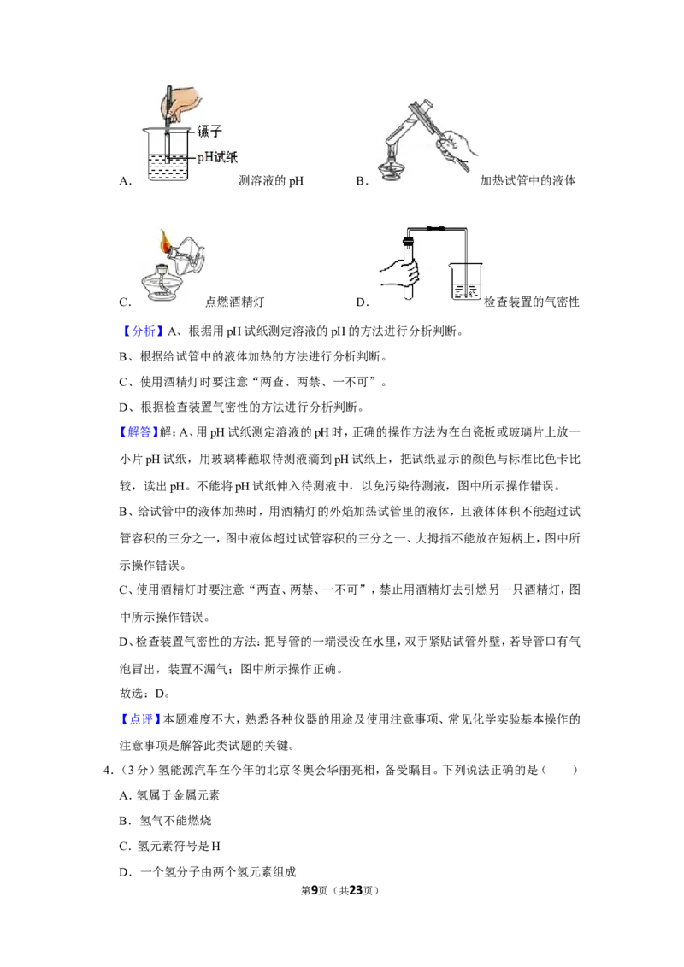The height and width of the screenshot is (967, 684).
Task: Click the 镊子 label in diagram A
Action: point(209,131)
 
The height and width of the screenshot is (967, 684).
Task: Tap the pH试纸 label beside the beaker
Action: point(217,158)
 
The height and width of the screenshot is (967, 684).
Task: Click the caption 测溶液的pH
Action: point(271,181)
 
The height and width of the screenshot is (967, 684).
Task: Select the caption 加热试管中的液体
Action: point(528,181)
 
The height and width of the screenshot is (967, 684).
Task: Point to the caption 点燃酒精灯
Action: point(234,302)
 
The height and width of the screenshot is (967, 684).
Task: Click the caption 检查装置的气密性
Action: point(532,302)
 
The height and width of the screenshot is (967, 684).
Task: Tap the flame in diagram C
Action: point(165,241)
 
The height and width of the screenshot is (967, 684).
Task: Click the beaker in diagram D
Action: point(466,281)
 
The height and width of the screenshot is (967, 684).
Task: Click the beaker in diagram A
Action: point(168,154)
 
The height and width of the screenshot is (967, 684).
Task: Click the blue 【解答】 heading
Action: point(139,432)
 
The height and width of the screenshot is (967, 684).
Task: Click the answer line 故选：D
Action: point(144,694)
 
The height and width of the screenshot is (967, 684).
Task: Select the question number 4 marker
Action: point(109,771)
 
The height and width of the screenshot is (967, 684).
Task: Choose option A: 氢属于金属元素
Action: point(170,795)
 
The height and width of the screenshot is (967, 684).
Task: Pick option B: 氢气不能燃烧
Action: point(166,821)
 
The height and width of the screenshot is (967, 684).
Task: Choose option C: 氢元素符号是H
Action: point(170,846)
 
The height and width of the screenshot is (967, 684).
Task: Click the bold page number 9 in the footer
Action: point(315,890)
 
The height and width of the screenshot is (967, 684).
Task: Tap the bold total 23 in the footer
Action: point(356,890)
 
